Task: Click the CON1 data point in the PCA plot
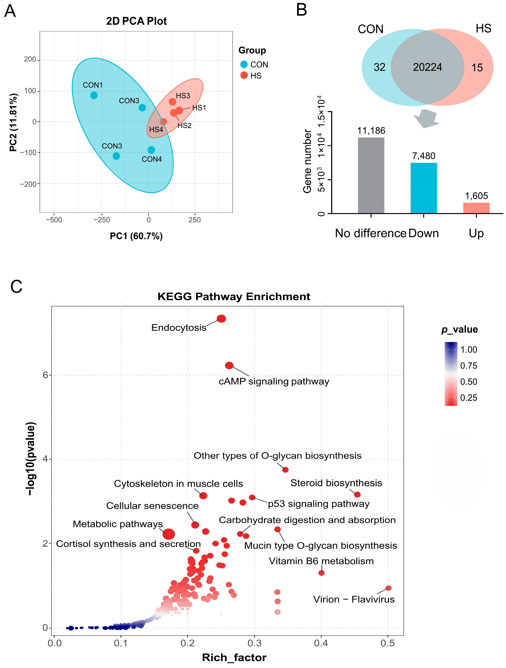point(94,95)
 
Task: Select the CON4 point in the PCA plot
point(151,150)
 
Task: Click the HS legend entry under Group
point(255,76)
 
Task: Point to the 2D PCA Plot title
point(136,21)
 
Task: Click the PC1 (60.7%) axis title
point(136,236)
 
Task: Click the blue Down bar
point(423,188)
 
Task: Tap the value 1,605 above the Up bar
point(476,196)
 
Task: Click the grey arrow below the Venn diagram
point(426,119)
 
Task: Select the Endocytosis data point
point(221,319)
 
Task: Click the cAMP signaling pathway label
point(274,381)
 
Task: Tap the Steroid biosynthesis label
point(336,483)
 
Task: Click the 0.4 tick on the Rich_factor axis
point(321,643)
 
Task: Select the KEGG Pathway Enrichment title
point(234,297)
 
